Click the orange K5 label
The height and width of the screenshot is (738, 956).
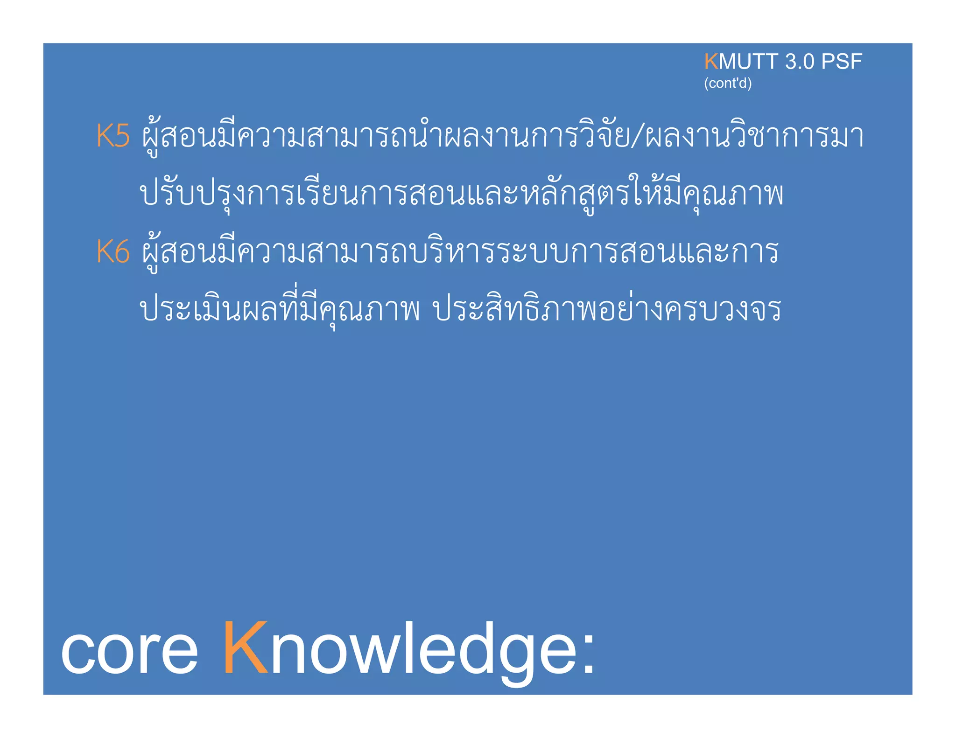pos(112,136)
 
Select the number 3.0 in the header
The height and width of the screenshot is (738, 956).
pos(799,62)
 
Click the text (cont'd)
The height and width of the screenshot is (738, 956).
pos(727,83)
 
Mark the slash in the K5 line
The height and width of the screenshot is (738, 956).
pos(637,136)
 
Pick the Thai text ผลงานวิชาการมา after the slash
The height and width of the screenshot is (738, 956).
pos(754,136)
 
